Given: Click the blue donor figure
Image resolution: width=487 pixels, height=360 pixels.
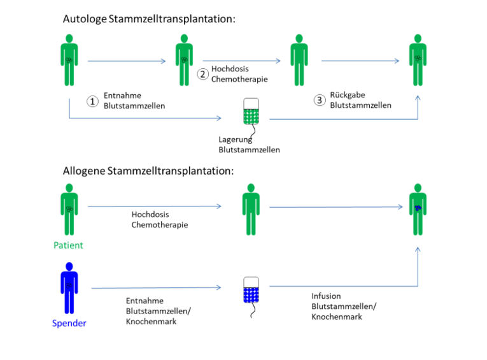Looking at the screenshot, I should coord(69,287).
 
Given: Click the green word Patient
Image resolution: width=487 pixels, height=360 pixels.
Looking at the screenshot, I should coord(69,245).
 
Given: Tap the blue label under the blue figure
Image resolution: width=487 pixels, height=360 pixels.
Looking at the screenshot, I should coord(69,323).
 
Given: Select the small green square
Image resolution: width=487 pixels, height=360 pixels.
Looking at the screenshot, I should coord(251,117).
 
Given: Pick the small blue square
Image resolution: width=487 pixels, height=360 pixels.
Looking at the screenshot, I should coord(251,295).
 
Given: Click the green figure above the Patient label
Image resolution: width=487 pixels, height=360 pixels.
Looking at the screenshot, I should coord(69,209).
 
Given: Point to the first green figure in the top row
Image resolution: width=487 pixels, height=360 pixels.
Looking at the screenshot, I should coord(69,60).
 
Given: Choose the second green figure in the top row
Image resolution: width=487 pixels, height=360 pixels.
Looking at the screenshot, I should coord(184,60).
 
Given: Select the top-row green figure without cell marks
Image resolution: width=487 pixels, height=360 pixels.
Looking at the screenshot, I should coord(299,60).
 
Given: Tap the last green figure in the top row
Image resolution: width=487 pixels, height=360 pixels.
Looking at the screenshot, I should coord(418,60).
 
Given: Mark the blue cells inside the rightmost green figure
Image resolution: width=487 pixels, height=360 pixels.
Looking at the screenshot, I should coord(418,208).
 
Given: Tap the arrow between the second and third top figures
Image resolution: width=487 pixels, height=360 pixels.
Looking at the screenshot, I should coord(241,61).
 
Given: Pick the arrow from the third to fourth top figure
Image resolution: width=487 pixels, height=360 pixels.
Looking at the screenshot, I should coord(360,61).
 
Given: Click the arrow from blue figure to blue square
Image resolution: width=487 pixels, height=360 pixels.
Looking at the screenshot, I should coord(155,288).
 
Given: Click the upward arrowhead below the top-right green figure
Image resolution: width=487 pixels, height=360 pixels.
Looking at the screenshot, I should coord(418,98).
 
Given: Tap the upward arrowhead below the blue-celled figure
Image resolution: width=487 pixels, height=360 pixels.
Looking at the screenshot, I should coord(418,250).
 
